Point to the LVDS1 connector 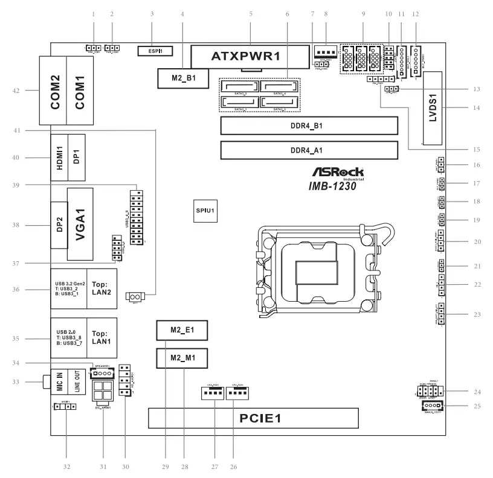coord(433,109)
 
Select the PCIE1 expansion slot coord(253,418)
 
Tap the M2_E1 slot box coord(181,331)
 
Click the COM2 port coord(55,91)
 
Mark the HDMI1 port coord(59,156)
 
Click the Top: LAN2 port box coord(100,287)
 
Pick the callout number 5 coord(250,13)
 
